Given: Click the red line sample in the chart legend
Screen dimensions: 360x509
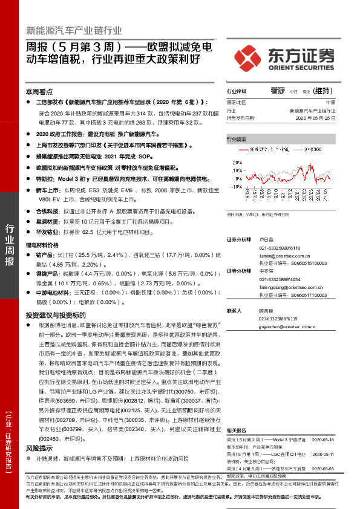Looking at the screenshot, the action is [244, 148].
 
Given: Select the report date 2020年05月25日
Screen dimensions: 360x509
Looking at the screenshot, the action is [316, 118].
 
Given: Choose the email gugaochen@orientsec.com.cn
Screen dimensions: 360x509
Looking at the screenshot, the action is [287, 326].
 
